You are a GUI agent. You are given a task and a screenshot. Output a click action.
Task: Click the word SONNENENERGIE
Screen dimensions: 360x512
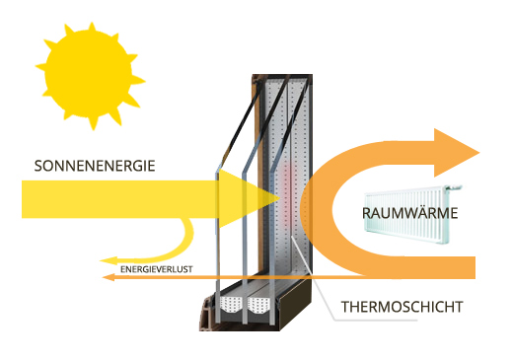pos(95,165)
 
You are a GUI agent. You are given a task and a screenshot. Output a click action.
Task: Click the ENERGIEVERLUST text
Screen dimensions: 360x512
pos(157,268)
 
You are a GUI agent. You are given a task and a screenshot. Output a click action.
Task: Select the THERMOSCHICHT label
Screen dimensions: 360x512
pos(402,307)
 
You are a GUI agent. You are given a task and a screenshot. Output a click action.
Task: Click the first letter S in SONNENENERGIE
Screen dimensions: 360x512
pos(37,165)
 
